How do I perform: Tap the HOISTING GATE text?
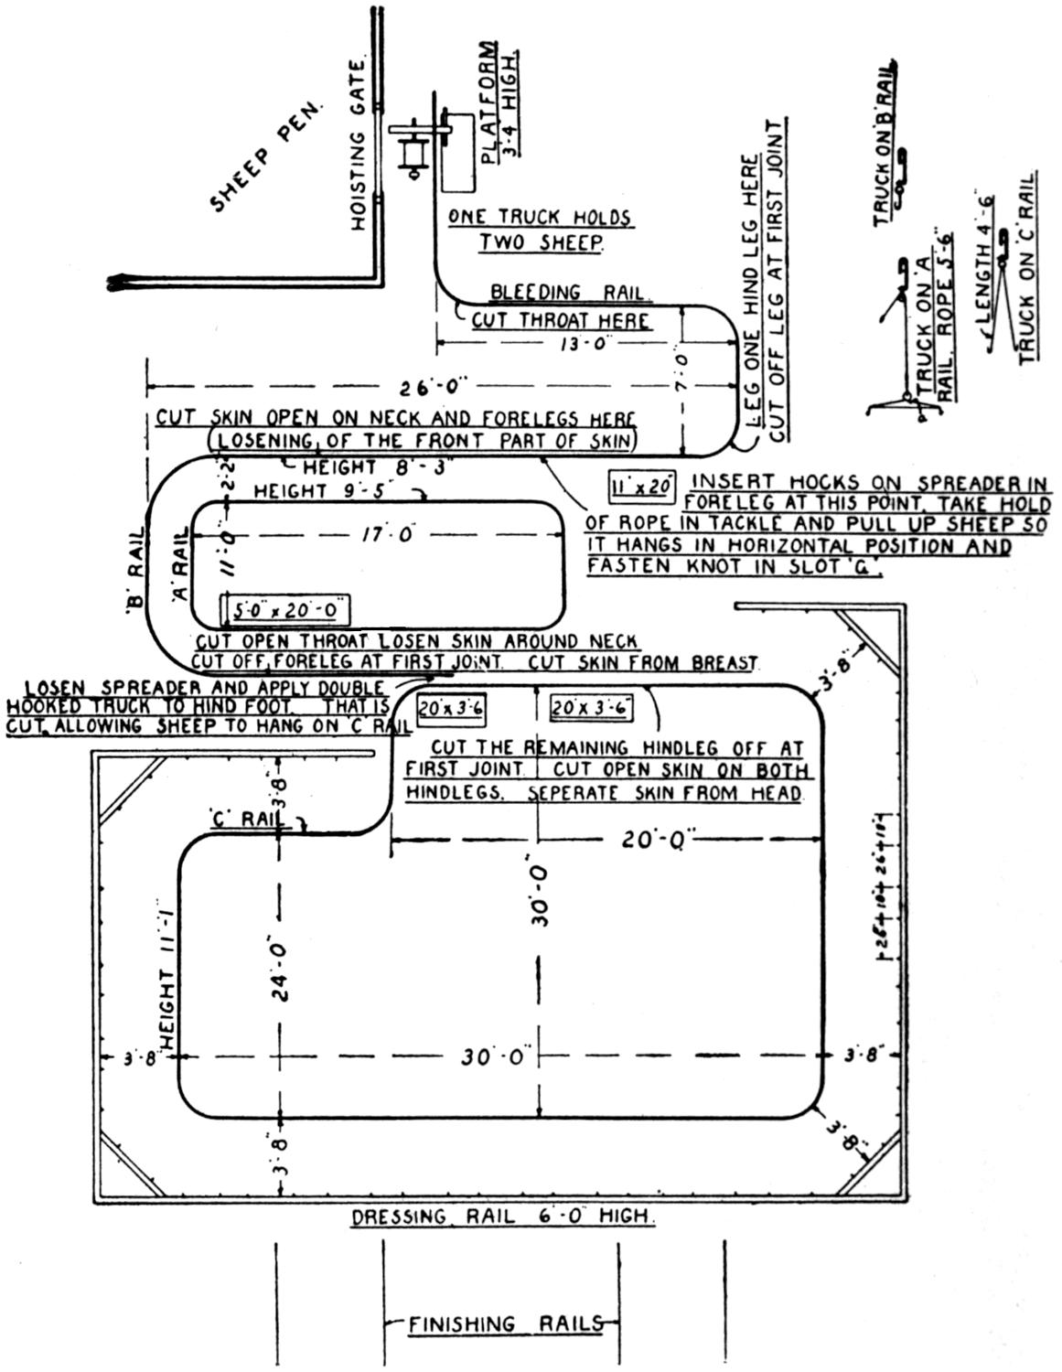[358, 145]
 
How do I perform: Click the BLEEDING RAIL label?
[569, 293]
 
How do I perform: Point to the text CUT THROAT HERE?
[560, 321]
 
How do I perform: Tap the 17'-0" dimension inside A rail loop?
[377, 532]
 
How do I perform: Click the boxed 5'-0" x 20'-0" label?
[285, 609]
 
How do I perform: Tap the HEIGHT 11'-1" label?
[166, 977]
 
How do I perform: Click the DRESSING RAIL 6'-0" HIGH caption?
[502, 1217]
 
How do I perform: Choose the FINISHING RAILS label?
[504, 1324]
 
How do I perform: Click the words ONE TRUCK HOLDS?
[540, 218]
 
